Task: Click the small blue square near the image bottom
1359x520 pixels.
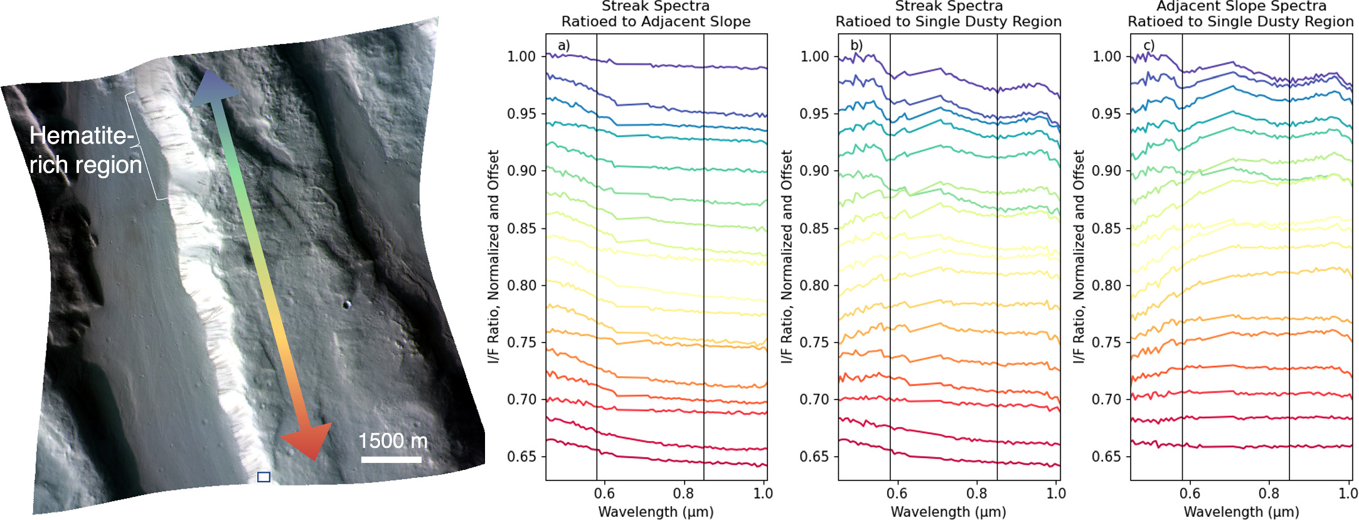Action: (264, 477)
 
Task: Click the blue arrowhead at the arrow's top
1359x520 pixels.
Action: (211, 88)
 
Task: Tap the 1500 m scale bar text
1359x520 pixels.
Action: (393, 441)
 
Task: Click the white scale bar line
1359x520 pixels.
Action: (391, 460)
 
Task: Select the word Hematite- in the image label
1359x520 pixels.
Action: (82, 136)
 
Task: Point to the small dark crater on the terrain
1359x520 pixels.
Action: (346, 305)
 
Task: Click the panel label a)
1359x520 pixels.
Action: (563, 45)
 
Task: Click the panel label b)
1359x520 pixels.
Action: (856, 45)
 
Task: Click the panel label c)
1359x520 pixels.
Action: (1149, 45)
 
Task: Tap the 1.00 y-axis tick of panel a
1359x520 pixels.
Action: (521, 56)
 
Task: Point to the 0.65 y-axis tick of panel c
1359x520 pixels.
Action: (1106, 457)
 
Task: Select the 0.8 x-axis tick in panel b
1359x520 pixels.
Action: (976, 494)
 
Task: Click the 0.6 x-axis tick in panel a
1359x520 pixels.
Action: (604, 494)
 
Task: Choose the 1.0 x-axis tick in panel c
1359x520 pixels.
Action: (1348, 494)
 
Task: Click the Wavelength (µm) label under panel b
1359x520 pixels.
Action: (948, 512)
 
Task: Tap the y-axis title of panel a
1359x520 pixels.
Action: (493, 256)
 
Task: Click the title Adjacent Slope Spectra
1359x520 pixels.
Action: (1241, 6)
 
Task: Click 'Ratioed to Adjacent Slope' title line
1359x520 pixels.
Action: (656, 21)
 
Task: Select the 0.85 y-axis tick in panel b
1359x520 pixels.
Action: (814, 228)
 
